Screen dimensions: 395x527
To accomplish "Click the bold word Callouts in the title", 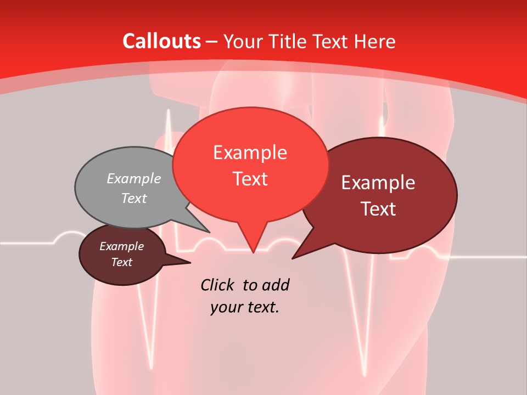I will point(161,41).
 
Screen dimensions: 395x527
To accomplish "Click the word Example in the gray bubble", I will point(133,179).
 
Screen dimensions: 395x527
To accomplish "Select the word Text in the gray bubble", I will point(133,198).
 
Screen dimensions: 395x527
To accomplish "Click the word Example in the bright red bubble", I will point(250,153).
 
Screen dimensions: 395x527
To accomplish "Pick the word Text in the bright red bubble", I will point(250,179).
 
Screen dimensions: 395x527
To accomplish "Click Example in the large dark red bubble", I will point(378,183).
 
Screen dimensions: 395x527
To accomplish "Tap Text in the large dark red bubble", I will point(378,209).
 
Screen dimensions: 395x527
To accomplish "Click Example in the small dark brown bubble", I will point(121,246).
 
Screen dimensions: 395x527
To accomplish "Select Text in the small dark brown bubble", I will point(121,262).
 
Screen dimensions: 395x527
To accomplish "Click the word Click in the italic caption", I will point(217,285).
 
